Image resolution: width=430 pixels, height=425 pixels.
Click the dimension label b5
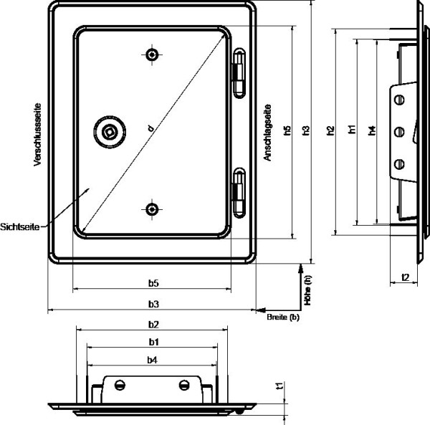coord(153,283)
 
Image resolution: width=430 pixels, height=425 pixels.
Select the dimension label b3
coord(153,304)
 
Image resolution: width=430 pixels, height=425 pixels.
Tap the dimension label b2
coord(153,325)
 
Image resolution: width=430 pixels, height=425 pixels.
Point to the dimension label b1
coord(153,342)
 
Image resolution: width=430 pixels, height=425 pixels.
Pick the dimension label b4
coord(152,360)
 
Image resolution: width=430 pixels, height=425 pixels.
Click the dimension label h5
coord(287,130)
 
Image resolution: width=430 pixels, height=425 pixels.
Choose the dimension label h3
coord(306,130)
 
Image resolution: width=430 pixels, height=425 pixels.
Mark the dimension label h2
coord(330,130)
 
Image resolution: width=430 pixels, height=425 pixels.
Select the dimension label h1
coord(352,129)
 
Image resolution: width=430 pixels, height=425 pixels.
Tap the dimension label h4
coord(371,130)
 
